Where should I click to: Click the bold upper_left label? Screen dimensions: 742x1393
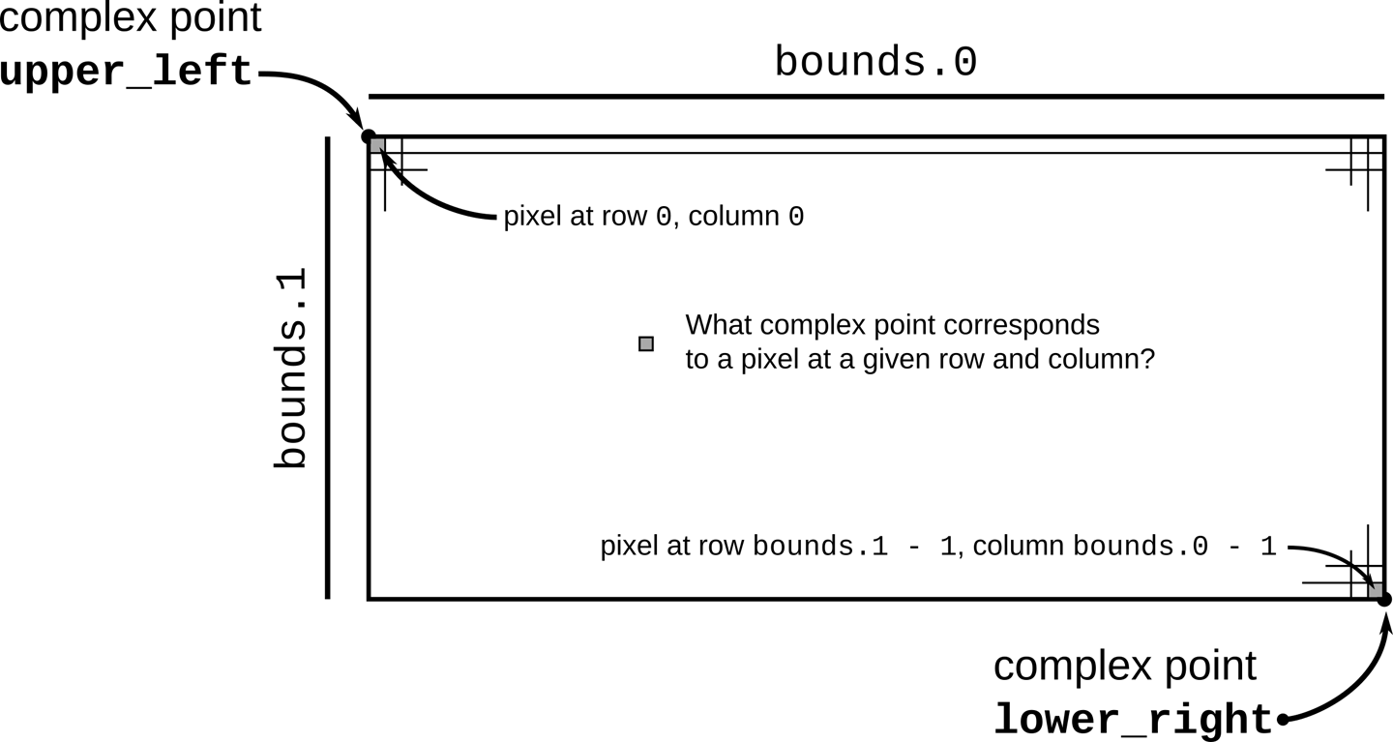tap(126, 74)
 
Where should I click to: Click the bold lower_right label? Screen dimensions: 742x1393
tap(1133, 720)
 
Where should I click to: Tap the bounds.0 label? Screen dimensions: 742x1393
tap(875, 63)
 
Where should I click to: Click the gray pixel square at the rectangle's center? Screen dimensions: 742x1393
tap(646, 343)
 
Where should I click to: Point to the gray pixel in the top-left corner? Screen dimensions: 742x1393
tap(377, 146)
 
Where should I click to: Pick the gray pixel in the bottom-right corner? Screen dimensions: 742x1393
tap(1375, 589)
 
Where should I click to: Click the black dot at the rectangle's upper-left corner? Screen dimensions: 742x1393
tap(368, 136)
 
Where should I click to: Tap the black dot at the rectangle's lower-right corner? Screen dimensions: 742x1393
tap(1384, 600)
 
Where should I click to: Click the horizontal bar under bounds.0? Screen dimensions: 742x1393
tap(875, 97)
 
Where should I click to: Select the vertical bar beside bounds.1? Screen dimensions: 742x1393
tap(328, 368)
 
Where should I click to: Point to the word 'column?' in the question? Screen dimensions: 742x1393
tap(1105, 360)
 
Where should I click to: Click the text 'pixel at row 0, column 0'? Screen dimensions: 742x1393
tap(653, 217)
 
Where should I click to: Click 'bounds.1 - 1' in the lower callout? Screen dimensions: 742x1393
tap(854, 547)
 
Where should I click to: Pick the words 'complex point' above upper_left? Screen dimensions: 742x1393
tap(130, 18)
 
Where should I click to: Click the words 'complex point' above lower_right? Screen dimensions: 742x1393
tap(1124, 667)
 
